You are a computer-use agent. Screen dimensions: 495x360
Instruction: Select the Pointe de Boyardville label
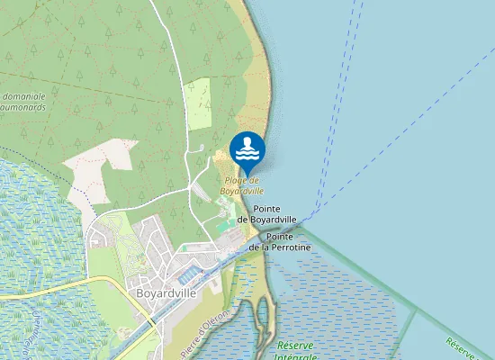pos(267,213)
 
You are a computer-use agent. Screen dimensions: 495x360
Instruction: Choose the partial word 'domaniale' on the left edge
pos(26,95)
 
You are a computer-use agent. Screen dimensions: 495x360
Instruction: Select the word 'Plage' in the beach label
pos(236,180)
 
